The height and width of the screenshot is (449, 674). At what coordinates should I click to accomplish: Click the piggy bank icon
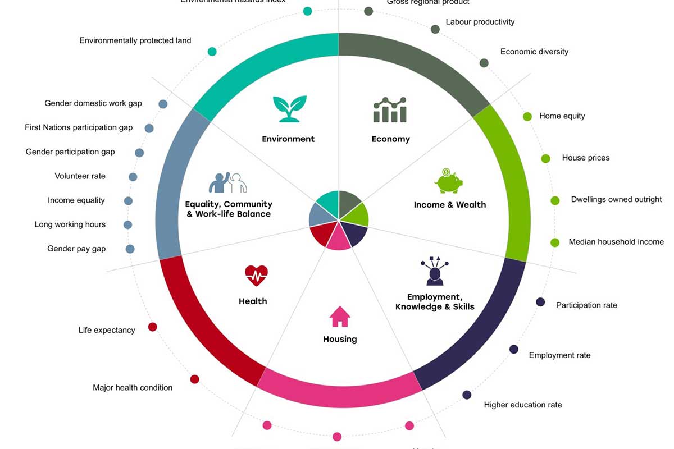click(448, 181)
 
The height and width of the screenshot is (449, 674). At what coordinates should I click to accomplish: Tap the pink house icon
click(340, 317)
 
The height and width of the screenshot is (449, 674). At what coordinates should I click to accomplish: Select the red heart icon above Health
click(256, 276)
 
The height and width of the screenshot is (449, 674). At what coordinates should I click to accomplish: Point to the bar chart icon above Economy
click(390, 110)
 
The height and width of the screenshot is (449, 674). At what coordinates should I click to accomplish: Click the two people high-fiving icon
click(228, 182)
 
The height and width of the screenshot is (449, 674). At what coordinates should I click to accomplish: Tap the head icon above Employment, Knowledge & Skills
click(434, 271)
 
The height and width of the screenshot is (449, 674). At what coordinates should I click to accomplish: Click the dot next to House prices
click(545, 158)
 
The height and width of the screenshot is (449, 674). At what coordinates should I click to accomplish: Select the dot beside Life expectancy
click(152, 327)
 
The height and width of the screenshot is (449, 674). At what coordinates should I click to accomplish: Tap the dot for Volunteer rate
click(133, 177)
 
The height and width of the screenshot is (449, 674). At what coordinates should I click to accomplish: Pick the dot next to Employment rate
click(514, 349)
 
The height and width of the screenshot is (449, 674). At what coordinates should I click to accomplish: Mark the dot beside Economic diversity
click(484, 63)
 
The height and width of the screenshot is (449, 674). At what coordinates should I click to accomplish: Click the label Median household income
click(616, 242)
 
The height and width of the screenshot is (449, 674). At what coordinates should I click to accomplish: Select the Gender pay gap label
click(76, 249)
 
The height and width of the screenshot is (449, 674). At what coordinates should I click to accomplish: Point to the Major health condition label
click(133, 387)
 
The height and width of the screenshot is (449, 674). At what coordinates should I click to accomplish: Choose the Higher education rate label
click(523, 405)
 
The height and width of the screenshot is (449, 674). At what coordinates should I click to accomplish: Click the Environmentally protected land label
click(135, 40)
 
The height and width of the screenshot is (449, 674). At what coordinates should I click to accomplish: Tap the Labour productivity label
click(480, 22)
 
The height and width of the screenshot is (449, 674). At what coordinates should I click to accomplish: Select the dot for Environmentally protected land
click(212, 52)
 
